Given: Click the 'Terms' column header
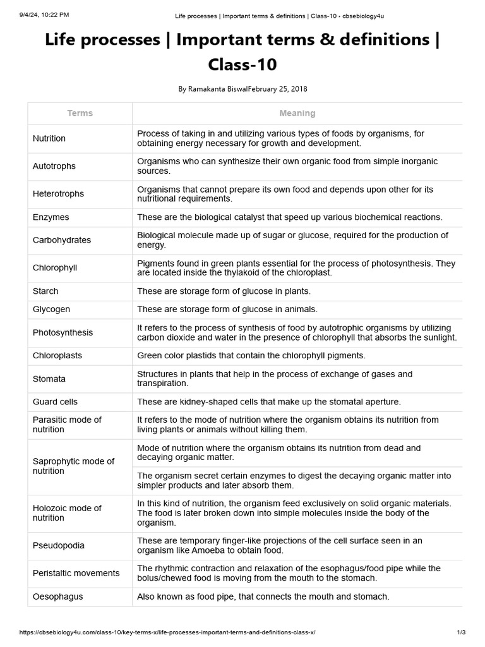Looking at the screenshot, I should pyautogui.click(x=80, y=113).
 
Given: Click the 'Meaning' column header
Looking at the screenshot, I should pyautogui.click(x=297, y=113).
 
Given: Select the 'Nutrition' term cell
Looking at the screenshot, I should pyautogui.click(x=49, y=138).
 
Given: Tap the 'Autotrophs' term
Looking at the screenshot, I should pyautogui.click(x=54, y=166).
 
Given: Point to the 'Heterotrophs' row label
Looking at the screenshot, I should pyautogui.click(x=58, y=194).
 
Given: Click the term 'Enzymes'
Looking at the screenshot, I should pyautogui.click(x=51, y=217).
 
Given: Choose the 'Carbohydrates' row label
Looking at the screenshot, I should pyautogui.click(x=62, y=240).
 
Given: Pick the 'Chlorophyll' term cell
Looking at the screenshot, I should pyautogui.click(x=55, y=268).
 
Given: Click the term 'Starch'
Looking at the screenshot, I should pyautogui.click(x=45, y=291).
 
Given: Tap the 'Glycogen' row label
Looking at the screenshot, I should pyautogui.click(x=52, y=310).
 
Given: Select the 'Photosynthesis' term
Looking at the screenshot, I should pyautogui.click(x=63, y=333).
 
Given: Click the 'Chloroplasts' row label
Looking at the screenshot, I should pyautogui.click(x=57, y=356).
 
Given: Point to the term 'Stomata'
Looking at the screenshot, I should pyautogui.click(x=49, y=379).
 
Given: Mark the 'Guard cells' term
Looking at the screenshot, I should pyautogui.click(x=55, y=402).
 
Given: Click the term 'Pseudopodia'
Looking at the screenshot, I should pyautogui.click(x=59, y=545).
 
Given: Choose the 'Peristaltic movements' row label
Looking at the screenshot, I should pyautogui.click(x=76, y=573).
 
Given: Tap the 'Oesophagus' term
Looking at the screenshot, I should pyautogui.click(x=58, y=596).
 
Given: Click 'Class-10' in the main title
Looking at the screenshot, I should pyautogui.click(x=242, y=64).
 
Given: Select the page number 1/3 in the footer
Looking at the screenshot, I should pyautogui.click(x=461, y=632).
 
